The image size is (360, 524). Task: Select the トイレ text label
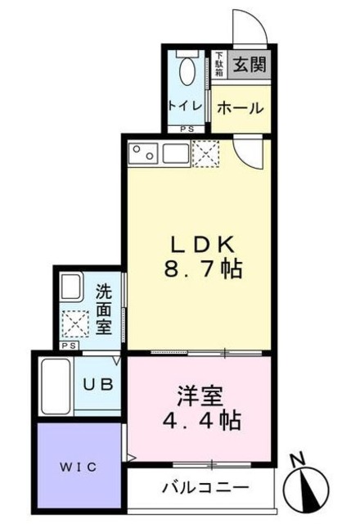pyautogui.click(x=182, y=106)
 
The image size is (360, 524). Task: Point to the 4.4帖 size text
pyautogui.click(x=200, y=422)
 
